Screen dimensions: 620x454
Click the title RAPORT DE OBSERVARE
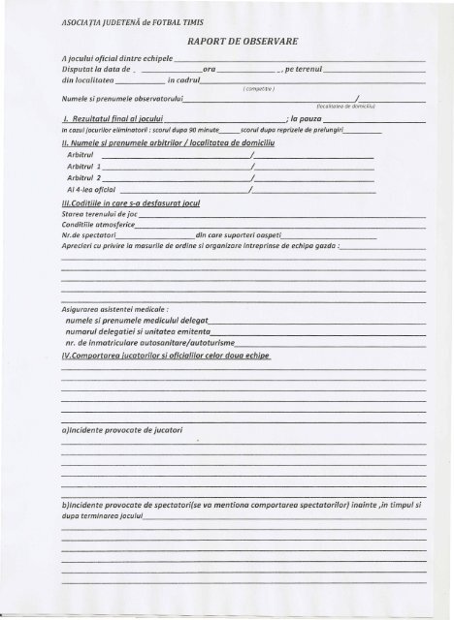point(250,44)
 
